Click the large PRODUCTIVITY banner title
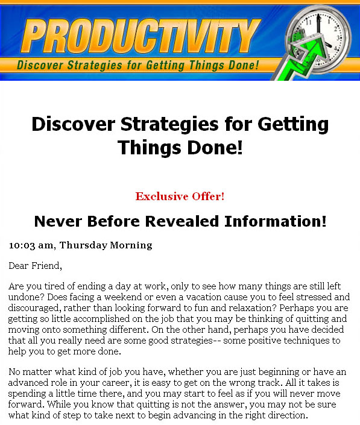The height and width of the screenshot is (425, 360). pos(141,36)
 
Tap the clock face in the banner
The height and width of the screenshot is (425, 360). pos(319,39)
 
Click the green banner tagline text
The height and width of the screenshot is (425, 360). pos(138,65)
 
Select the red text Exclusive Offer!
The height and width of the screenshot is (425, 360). pos(180,197)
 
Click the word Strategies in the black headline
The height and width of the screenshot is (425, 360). pos(169,124)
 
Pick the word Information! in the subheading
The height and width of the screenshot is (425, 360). pos(276,221)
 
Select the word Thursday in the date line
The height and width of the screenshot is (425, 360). pos(83,245)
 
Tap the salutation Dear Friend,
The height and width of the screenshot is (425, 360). pos(35,266)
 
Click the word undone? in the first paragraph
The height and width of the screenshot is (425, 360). pos(26,297)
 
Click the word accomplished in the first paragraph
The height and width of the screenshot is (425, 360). pos(101,319)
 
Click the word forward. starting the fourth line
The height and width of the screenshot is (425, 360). pos(26,404)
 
